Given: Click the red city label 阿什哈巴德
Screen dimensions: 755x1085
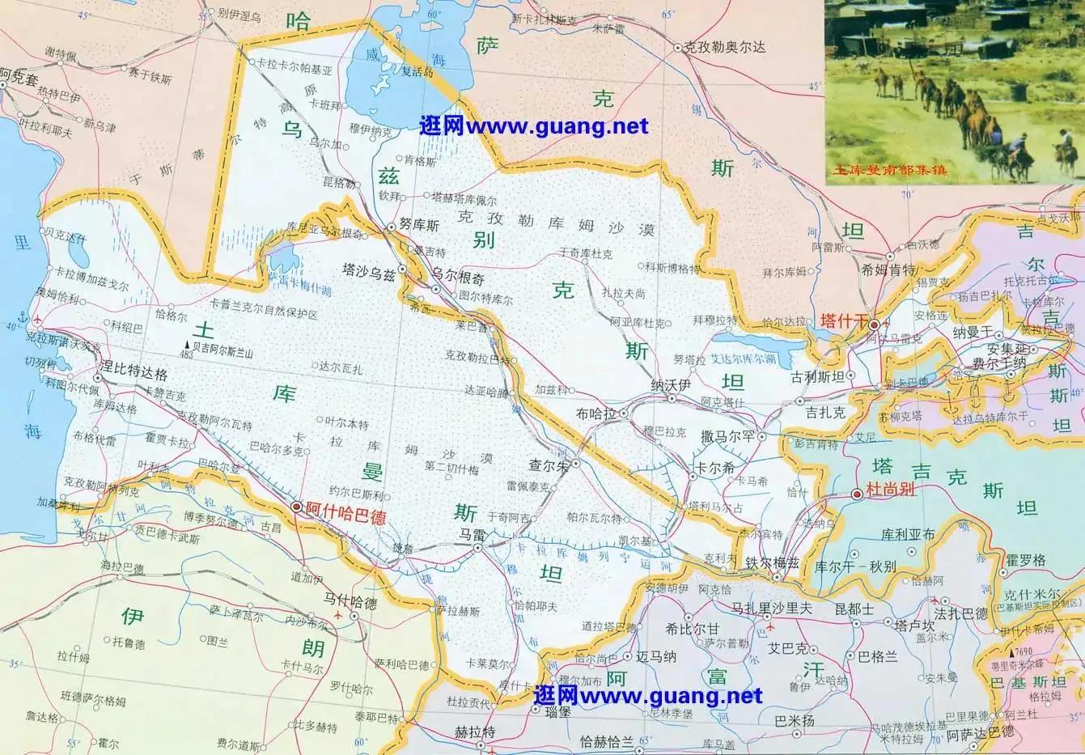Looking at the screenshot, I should [x=345, y=512].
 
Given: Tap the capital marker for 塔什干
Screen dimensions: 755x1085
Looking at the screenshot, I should [x=875, y=324].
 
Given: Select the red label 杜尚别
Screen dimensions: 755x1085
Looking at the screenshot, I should [x=890, y=490].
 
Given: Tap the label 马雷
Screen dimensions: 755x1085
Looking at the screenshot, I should [x=472, y=535].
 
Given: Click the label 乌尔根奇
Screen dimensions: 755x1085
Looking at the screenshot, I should [x=459, y=278].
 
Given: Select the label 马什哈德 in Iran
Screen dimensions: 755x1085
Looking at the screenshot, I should [x=350, y=603].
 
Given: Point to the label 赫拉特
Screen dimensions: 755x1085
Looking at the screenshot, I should [x=474, y=732].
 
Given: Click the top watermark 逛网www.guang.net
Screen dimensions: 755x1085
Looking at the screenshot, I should [x=533, y=126].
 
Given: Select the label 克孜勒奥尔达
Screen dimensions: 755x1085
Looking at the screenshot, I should [x=724, y=47].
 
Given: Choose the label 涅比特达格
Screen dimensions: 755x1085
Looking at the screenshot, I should [x=133, y=375].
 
